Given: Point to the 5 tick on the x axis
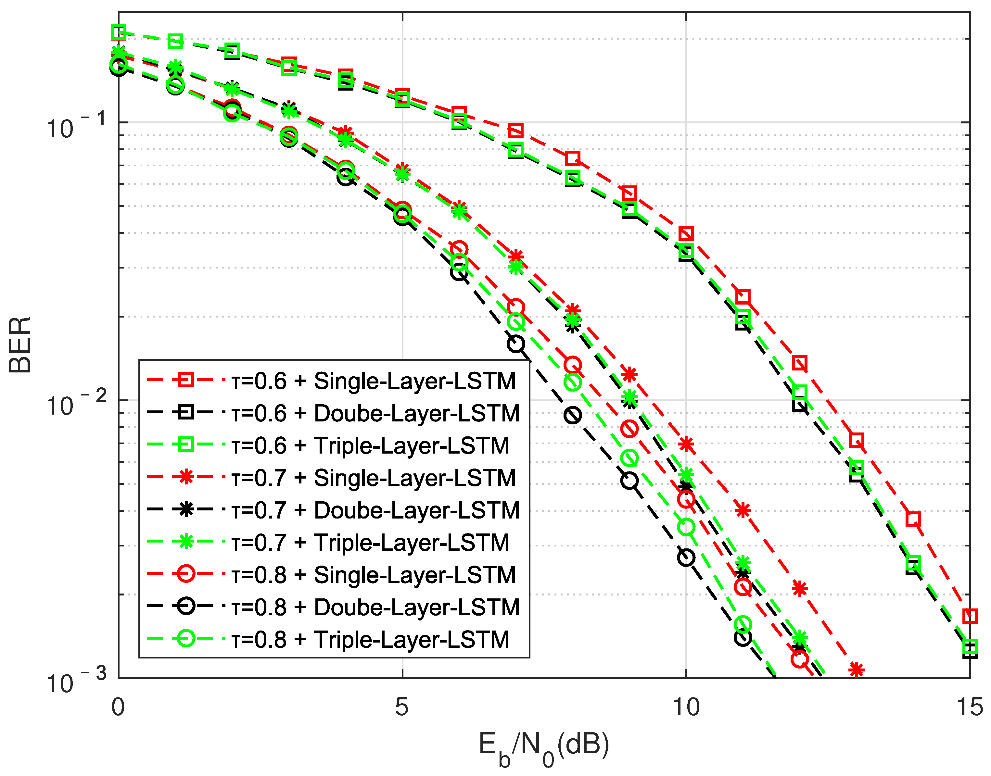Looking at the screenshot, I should pos(402,707).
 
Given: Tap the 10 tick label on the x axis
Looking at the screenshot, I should pos(685,707).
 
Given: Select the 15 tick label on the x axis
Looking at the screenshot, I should pos(969,707).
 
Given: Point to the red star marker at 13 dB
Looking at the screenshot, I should pos(856,670).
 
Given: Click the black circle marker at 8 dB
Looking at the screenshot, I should pos(573,415).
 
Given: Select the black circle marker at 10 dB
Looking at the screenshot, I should pos(686,557).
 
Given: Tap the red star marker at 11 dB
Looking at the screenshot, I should pos(743,510).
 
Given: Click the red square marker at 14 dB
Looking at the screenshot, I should pos(913,519).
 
